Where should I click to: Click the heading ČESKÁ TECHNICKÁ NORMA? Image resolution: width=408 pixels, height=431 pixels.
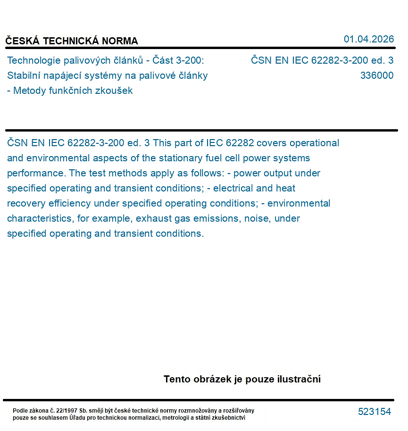point(72,41)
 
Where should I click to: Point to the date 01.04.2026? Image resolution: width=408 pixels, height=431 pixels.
point(368,39)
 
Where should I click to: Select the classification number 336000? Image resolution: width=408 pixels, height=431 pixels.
point(376,75)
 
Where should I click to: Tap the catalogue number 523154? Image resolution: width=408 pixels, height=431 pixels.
point(375,412)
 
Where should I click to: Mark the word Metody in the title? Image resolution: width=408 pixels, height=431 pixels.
point(29,91)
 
